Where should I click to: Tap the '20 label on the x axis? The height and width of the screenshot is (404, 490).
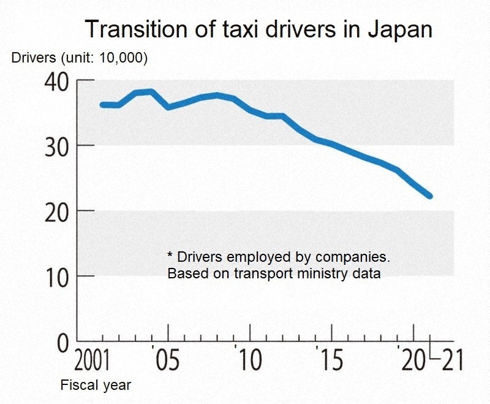(x=412, y=361)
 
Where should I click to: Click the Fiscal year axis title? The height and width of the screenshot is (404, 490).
(x=96, y=386)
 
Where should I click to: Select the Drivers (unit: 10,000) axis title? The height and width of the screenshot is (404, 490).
(x=80, y=58)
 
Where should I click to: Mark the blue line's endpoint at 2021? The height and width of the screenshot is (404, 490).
(x=430, y=196)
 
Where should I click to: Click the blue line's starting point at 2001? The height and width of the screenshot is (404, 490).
(x=102, y=105)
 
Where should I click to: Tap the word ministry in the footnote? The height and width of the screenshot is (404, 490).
(x=322, y=273)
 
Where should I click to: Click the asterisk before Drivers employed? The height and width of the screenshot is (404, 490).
(x=170, y=254)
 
